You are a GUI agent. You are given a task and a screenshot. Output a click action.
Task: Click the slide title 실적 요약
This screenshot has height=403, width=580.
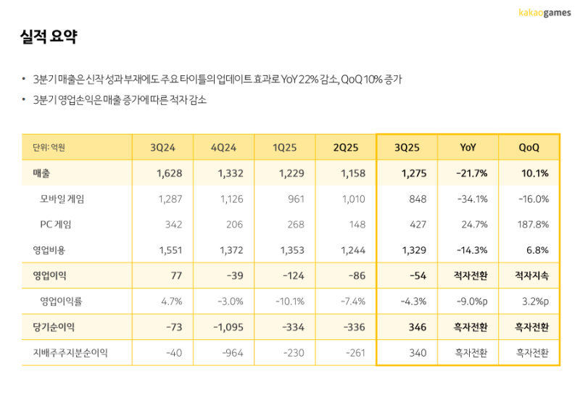tap(49, 36)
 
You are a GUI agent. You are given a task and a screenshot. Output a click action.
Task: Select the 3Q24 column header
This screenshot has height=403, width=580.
tap(162, 148)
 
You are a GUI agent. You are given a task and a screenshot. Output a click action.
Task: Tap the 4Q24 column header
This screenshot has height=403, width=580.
tap(223, 148)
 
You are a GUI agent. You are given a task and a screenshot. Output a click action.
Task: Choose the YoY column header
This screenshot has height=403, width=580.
tap(468, 148)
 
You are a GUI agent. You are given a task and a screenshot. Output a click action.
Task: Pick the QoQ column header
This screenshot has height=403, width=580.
tap(529, 148)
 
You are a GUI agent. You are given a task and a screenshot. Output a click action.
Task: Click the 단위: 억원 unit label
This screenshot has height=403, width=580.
tap(49, 148)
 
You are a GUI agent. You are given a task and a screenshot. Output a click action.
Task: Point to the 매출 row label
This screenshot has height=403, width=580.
tap(41, 173)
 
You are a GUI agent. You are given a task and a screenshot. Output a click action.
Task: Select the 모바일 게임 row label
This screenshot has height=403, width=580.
tap(67, 199)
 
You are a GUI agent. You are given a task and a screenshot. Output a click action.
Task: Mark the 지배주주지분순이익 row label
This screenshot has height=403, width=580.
tap(70, 353)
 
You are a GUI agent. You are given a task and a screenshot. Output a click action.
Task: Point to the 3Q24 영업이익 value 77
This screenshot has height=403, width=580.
tap(173, 275)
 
